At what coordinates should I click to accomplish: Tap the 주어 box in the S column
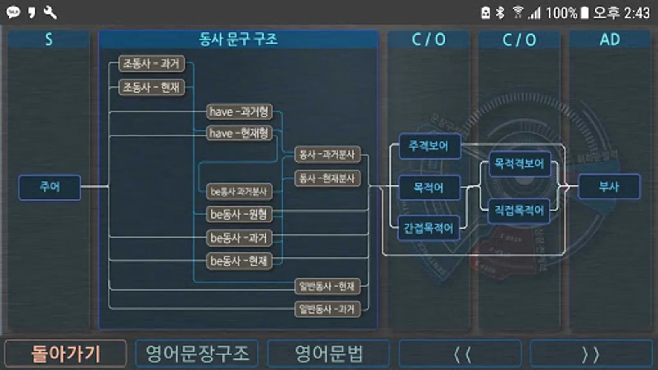(49, 187)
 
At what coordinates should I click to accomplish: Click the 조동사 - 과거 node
(151, 64)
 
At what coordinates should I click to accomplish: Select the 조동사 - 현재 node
(151, 87)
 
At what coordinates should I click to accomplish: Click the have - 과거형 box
(239, 111)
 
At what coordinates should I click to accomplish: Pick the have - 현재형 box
(239, 133)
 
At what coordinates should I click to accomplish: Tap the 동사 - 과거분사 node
(327, 155)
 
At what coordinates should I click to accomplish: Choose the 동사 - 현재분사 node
(327, 178)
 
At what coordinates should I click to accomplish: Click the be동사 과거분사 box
(239, 192)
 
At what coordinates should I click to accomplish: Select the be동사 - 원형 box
(239, 214)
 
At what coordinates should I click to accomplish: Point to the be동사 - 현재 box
(239, 261)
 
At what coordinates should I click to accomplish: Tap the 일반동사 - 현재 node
(327, 286)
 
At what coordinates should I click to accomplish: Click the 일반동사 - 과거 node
(327, 309)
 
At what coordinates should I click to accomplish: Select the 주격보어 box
(429, 146)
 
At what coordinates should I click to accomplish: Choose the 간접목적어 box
(429, 228)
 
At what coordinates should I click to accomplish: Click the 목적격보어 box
(519, 164)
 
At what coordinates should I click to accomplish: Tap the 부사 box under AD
(609, 187)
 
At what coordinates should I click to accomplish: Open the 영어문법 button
(328, 354)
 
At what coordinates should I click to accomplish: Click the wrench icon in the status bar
(50, 13)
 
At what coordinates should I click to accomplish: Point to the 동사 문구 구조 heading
(238, 39)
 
